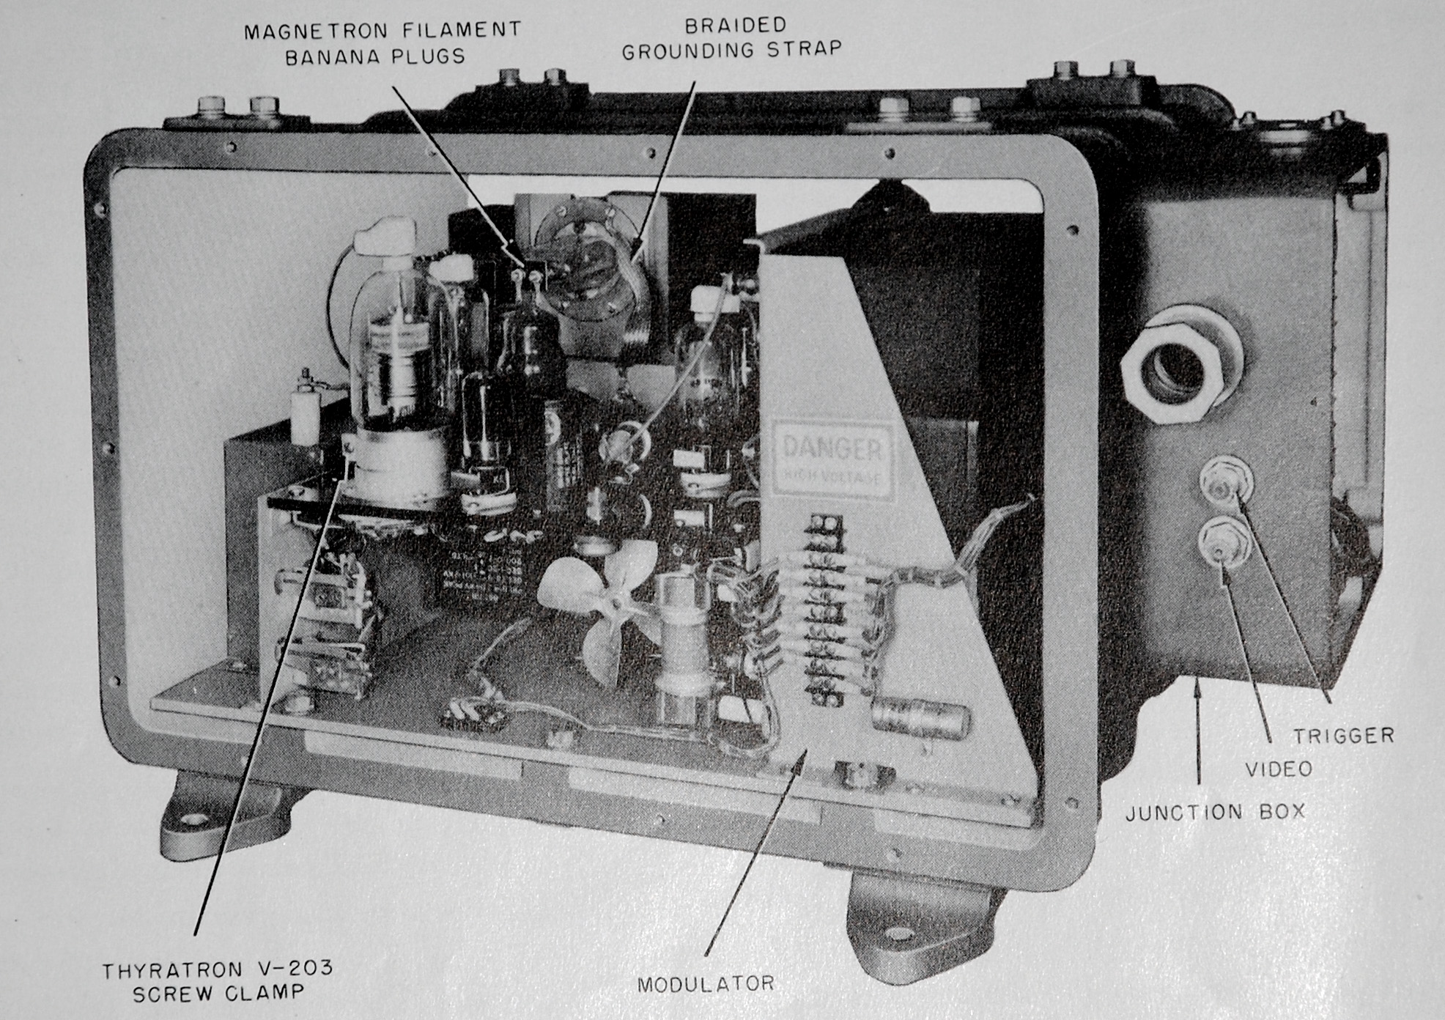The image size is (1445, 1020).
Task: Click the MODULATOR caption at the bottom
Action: click(705, 983)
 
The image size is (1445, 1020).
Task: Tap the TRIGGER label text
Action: click(1342, 735)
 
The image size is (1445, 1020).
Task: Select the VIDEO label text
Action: click(1278, 768)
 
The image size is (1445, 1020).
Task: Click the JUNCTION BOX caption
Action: click(1215, 811)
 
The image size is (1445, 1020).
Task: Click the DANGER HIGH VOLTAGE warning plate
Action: click(832, 458)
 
